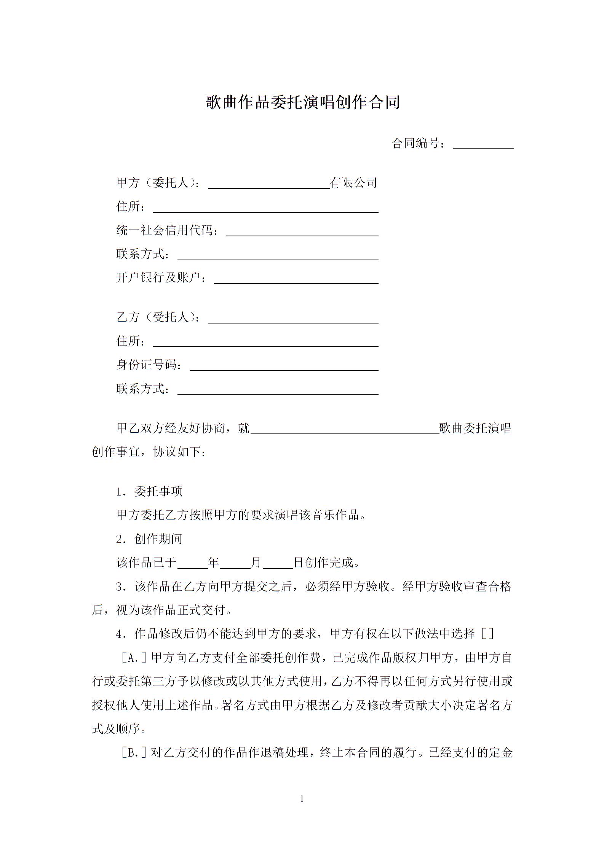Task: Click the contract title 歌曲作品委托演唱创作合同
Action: [x=303, y=102]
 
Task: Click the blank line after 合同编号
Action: [x=483, y=144]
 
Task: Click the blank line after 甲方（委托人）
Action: [x=268, y=183]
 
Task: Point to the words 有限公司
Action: [x=353, y=183]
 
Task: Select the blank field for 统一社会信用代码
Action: [x=302, y=231]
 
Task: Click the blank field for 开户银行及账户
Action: [x=296, y=279]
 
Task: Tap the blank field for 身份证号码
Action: [x=284, y=366]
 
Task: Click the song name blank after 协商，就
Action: [x=345, y=429]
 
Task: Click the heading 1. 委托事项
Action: [x=149, y=491]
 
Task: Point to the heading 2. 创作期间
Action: [x=149, y=539]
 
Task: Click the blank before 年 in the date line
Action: [x=192, y=563]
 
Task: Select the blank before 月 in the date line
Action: [x=235, y=563]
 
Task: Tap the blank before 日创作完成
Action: [x=278, y=563]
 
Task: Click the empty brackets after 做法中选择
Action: [x=487, y=634]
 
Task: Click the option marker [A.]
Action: [x=134, y=658]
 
